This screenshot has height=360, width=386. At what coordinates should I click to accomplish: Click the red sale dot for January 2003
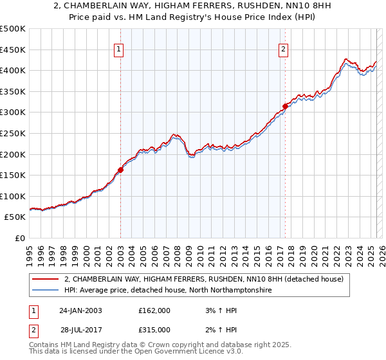(x=120, y=170)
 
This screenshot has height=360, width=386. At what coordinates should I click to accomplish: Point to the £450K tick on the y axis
(x=12, y=50)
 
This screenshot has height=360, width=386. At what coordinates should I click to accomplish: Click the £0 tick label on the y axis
(x=19, y=238)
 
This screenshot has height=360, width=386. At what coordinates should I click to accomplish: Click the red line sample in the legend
(x=46, y=280)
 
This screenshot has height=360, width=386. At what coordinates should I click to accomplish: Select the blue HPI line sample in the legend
(x=46, y=291)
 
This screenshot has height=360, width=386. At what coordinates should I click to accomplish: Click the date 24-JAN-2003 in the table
(x=80, y=310)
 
